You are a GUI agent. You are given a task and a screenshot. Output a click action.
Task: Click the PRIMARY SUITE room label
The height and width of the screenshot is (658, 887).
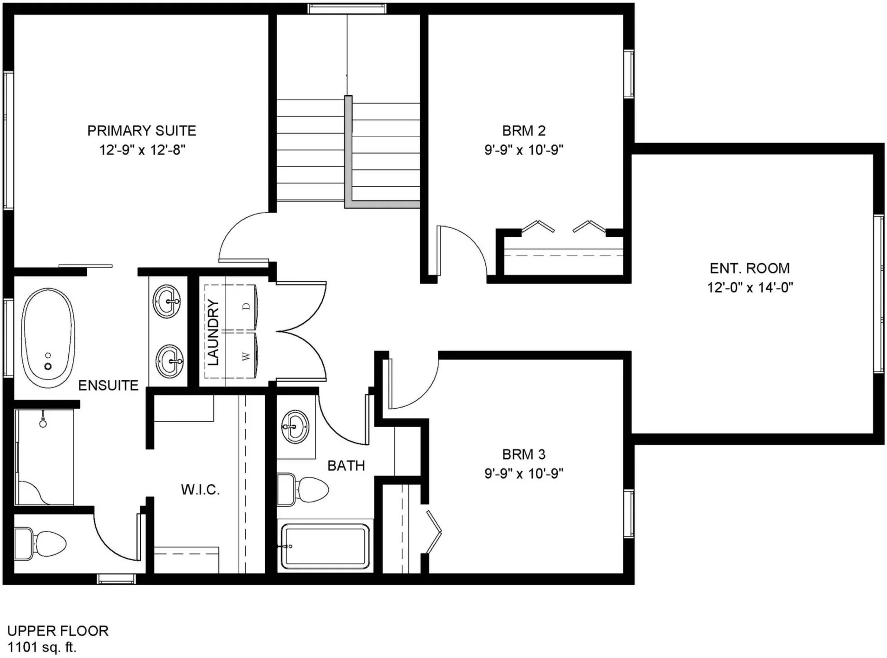142,130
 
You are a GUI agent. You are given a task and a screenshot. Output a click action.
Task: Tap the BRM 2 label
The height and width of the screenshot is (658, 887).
524,130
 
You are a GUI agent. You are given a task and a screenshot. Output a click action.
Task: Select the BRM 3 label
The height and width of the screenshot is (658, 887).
524,454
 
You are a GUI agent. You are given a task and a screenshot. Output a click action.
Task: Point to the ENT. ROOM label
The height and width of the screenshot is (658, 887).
750,268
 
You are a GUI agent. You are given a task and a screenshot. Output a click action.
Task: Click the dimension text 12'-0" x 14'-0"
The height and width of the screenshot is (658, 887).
750,288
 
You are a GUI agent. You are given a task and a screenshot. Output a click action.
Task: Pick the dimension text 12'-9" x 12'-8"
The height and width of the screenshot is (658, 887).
142,150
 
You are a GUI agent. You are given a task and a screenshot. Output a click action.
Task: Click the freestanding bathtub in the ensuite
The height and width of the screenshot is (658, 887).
48,338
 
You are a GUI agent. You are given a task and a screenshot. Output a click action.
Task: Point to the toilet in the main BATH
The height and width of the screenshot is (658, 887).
303,489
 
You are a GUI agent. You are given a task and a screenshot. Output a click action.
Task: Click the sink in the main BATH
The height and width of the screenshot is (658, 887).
294,426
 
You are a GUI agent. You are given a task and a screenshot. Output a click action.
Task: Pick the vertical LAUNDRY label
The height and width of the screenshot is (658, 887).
213,332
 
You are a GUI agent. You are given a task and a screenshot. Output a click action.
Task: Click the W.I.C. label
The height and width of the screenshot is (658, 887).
200,489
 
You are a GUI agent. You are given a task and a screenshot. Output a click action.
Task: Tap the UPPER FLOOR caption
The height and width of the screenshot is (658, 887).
58,631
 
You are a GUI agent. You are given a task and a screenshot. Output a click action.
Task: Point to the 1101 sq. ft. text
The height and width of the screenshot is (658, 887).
42,647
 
